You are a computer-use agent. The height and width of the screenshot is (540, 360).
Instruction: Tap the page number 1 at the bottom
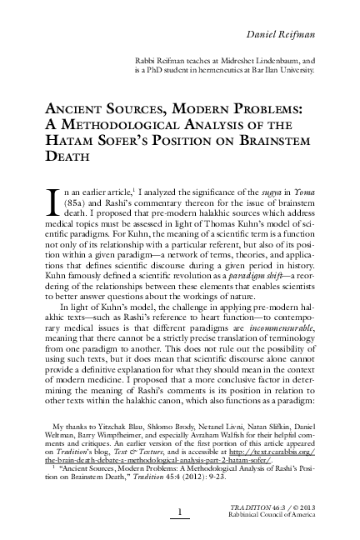click(180, 510)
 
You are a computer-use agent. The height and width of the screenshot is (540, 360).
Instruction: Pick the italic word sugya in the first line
click(268, 192)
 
